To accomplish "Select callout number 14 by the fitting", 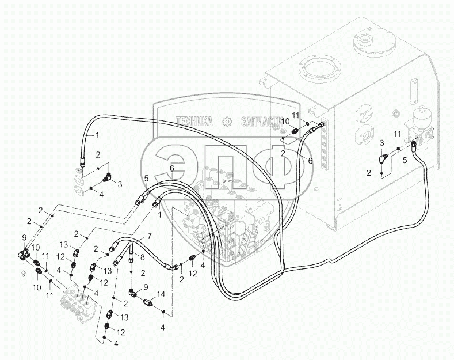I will [x=161, y=293].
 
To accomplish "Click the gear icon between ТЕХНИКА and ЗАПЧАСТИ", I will [x=227, y=122].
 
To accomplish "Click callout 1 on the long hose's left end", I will [x=97, y=134].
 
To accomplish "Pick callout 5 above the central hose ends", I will [x=147, y=179].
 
